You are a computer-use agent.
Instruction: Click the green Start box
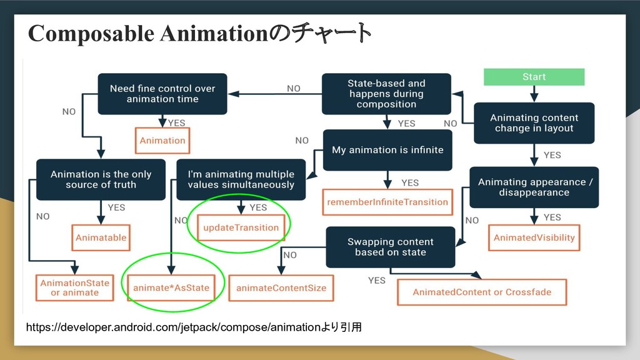[534, 77]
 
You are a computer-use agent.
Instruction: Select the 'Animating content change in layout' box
[534, 123]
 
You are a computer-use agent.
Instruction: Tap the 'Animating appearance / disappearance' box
[534, 187]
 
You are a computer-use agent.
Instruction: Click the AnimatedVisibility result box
[534, 237]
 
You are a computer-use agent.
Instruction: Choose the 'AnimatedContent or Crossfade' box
[481, 292]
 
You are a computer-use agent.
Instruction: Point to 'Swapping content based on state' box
[390, 247]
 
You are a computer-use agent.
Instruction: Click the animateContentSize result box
[281, 288]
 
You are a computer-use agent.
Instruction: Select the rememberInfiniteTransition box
[387, 202]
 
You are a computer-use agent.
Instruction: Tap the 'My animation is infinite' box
[387, 150]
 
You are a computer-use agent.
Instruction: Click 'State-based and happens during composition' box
[386, 94]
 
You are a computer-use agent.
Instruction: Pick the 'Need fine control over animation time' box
[162, 94]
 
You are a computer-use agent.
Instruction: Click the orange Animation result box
[162, 141]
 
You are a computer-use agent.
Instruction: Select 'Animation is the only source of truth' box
[101, 179]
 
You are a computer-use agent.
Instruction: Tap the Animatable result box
[101, 237]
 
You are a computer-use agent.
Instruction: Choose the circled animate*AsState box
[171, 288]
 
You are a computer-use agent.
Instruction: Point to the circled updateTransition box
[241, 227]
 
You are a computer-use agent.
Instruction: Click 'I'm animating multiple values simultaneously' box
[241, 179]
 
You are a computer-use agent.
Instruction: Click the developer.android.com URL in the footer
[172, 326]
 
